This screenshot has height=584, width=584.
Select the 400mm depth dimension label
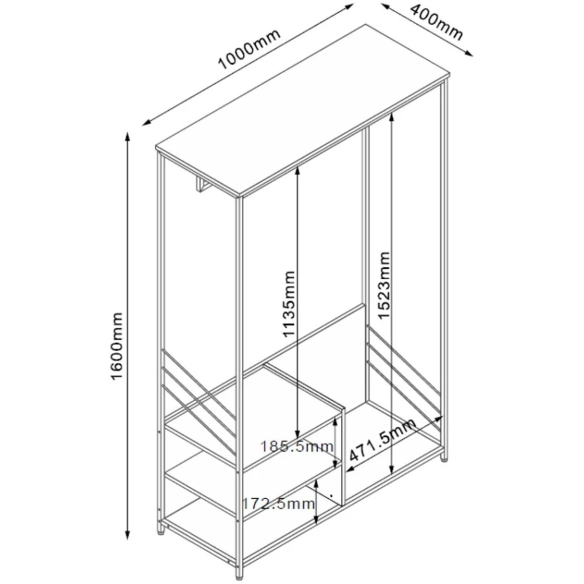point(436,22)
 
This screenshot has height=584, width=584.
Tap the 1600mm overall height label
point(117,346)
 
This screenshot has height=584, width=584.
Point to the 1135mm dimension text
point(289,304)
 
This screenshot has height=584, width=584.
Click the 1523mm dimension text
point(383,285)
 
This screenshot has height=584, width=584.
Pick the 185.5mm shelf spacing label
point(296,446)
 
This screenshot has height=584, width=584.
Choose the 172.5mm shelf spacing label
point(279,503)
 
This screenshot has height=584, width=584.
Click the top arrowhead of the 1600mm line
point(128,137)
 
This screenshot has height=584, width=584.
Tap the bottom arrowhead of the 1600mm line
point(128,534)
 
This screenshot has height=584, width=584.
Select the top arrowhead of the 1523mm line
point(391,117)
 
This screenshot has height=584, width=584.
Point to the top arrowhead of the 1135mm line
point(297,171)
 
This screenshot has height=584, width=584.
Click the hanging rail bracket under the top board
point(202,185)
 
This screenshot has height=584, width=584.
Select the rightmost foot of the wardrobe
point(444,456)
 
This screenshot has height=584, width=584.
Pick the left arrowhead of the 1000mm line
point(147,123)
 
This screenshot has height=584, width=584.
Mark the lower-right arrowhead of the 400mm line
point(469,53)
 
